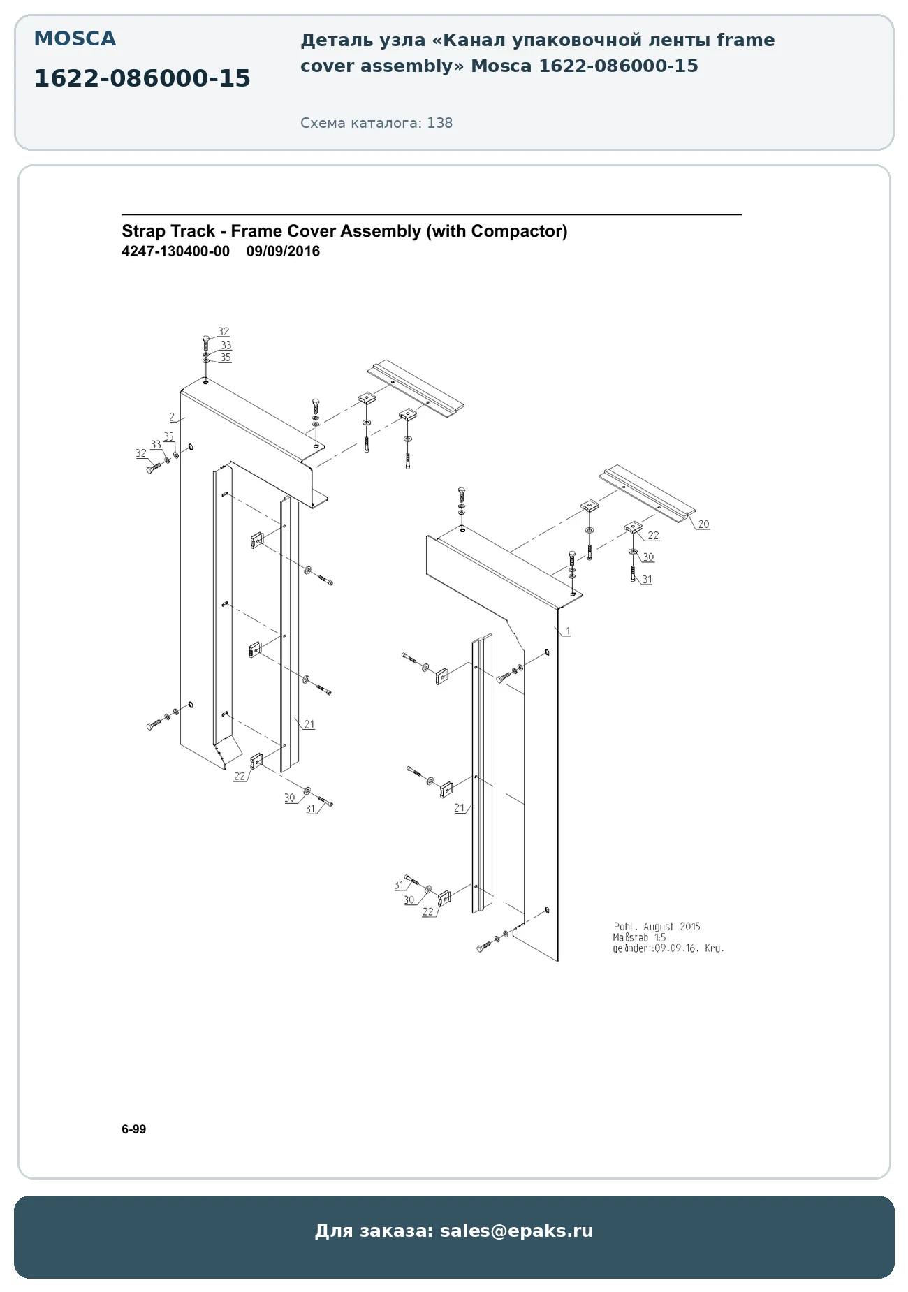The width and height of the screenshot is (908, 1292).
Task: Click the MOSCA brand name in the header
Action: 75,39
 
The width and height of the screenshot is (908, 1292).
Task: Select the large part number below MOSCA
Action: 142,79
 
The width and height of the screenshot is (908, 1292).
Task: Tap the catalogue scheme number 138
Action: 440,123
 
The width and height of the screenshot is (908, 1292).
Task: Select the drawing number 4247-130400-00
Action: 175,251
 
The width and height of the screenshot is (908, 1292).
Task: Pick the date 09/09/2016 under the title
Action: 283,251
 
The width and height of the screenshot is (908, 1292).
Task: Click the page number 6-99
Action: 134,1129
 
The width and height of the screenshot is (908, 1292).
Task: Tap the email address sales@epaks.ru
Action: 516,1231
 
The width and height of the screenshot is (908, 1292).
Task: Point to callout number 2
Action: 172,417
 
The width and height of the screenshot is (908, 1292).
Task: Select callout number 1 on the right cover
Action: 568,631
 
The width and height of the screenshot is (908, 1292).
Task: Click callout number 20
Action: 703,524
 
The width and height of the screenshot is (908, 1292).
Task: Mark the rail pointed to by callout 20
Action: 647,494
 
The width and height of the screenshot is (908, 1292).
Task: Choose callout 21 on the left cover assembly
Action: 309,724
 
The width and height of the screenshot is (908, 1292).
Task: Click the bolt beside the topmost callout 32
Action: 205,343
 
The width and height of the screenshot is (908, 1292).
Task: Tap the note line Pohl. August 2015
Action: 657,927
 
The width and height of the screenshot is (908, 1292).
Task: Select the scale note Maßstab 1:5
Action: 639,938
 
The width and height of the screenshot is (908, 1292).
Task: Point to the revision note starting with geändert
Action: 668,948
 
